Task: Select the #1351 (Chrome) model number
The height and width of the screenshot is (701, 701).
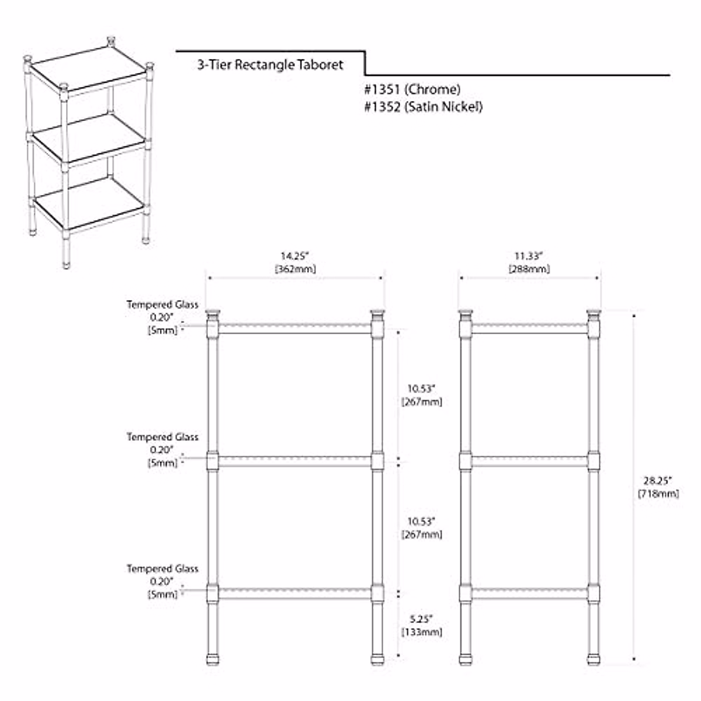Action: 411,89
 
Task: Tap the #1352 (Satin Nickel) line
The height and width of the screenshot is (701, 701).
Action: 422,106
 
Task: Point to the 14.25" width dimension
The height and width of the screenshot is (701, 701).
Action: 295,256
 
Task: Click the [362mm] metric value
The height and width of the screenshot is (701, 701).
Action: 295,269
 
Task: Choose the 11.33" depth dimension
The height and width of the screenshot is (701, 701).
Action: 529,256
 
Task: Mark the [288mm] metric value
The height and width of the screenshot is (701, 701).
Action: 529,269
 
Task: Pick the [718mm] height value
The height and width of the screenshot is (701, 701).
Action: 658,494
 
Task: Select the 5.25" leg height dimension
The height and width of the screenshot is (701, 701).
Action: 421,619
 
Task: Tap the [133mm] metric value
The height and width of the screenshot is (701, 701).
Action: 421,632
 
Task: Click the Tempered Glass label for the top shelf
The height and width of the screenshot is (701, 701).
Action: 162,304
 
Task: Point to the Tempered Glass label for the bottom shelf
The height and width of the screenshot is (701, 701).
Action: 162,568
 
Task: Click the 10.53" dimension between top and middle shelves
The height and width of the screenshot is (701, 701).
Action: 421,388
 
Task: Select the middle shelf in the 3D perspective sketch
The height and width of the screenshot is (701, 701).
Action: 88,137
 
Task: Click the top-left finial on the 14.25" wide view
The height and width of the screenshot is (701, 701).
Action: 213,314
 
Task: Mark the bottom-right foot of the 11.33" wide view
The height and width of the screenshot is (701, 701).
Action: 594,659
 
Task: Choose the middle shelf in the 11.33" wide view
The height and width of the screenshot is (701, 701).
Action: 529,461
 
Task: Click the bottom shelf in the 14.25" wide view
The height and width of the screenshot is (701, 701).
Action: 295,593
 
